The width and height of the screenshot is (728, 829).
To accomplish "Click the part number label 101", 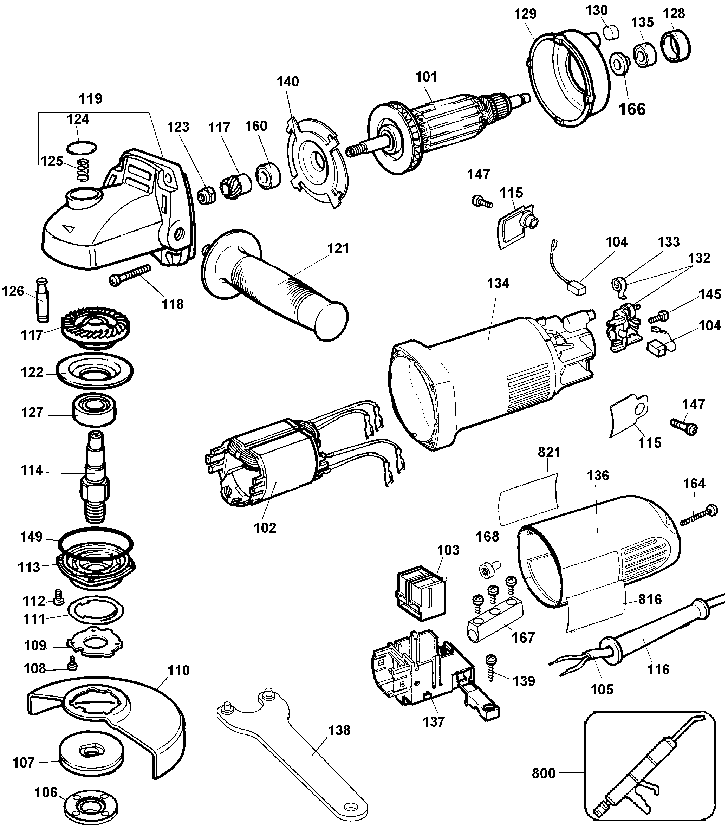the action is pos(426,77).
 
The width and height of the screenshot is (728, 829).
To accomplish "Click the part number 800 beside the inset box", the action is pos(544,773).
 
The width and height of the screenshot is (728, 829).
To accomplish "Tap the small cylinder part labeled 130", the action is pos(610,32).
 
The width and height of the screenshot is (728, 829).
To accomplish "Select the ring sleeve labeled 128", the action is pos(675,46).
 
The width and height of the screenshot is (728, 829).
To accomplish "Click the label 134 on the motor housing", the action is pos(498,284).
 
